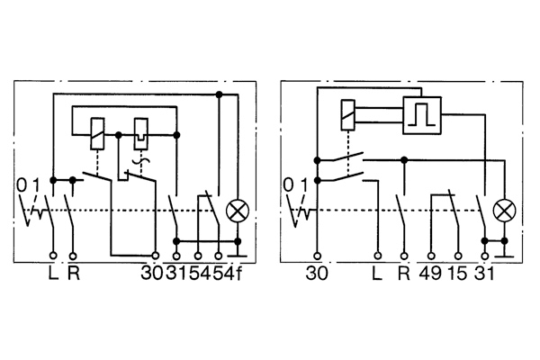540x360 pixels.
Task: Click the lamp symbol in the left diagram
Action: pos(238,211)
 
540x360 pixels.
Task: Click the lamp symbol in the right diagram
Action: pos(505,211)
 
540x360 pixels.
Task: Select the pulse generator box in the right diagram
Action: pos(422,115)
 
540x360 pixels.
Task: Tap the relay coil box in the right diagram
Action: pos(347,115)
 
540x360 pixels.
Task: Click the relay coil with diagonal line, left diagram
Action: pos(97,134)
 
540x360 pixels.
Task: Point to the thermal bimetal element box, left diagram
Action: pos(141,134)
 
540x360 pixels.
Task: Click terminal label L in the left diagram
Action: pos(53,274)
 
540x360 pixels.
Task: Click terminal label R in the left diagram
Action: pos(74,274)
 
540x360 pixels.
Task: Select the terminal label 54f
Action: pos(228,274)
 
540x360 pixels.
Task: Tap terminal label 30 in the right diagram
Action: pos(317,274)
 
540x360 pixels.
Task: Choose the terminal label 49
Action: pos(430,274)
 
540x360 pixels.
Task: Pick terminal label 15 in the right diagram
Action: pos(458,274)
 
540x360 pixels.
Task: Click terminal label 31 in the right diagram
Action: pos(484,274)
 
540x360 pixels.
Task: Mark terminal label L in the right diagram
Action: pos(377,274)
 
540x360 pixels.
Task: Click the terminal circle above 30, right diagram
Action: pos(318,256)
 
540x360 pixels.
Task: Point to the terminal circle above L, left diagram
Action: pos(53,256)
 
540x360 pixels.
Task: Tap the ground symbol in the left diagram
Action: pos(238,253)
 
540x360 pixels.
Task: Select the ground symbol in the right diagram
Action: pos(505,253)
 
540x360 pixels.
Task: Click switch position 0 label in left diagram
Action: pos(22,185)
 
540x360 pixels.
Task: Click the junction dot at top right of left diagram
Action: pos(219,94)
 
